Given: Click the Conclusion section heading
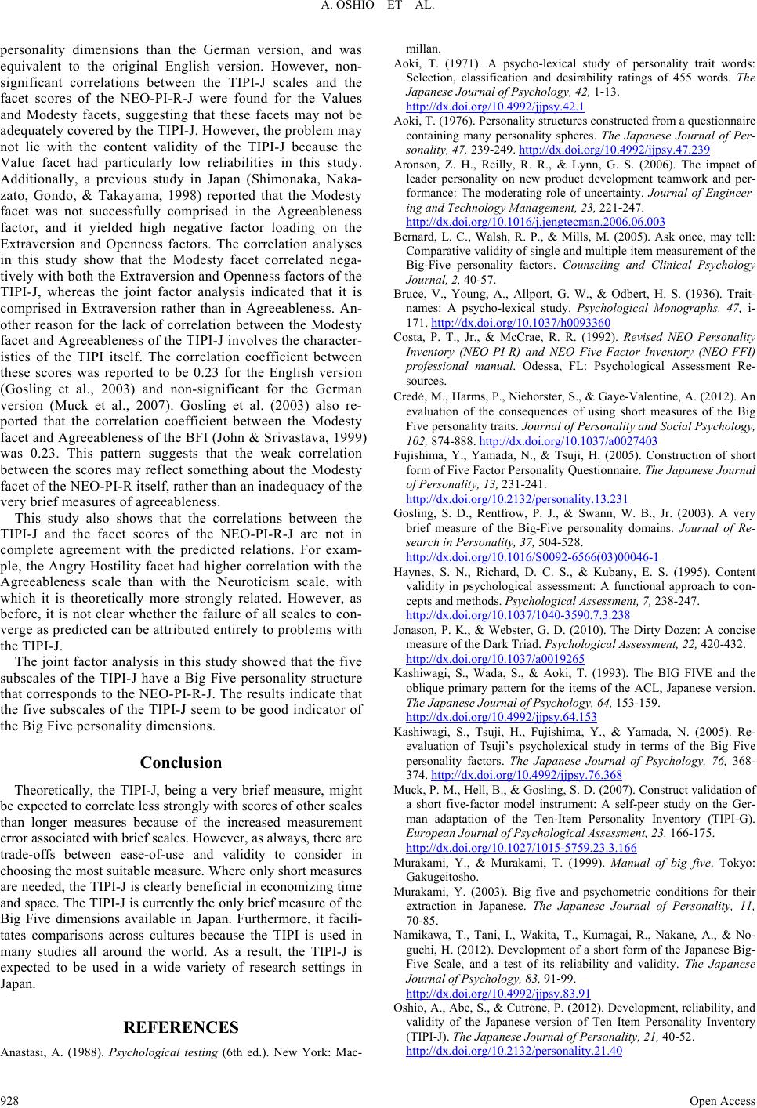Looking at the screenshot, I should pyautogui.click(x=180, y=762).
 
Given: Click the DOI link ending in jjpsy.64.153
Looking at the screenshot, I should pyautogui.click(x=502, y=716).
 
